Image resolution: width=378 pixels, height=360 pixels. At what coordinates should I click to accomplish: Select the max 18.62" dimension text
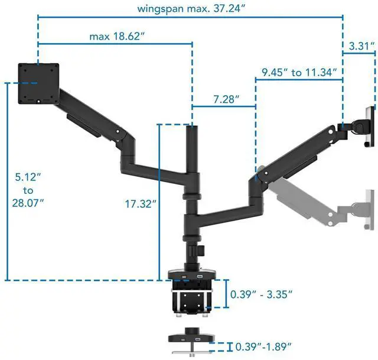(117, 36)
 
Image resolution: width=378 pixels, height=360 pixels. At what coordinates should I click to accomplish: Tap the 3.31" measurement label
(360, 46)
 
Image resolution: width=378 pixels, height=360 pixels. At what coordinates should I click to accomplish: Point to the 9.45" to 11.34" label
(299, 73)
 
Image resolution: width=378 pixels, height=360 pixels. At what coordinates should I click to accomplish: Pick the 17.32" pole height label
(140, 203)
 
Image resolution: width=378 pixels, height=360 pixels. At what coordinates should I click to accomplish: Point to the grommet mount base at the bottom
(191, 339)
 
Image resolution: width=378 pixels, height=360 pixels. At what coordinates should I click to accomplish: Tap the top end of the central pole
(192, 129)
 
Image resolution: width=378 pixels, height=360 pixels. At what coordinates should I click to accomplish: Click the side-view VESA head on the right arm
(366, 125)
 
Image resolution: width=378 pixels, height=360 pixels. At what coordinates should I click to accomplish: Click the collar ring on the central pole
(192, 197)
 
